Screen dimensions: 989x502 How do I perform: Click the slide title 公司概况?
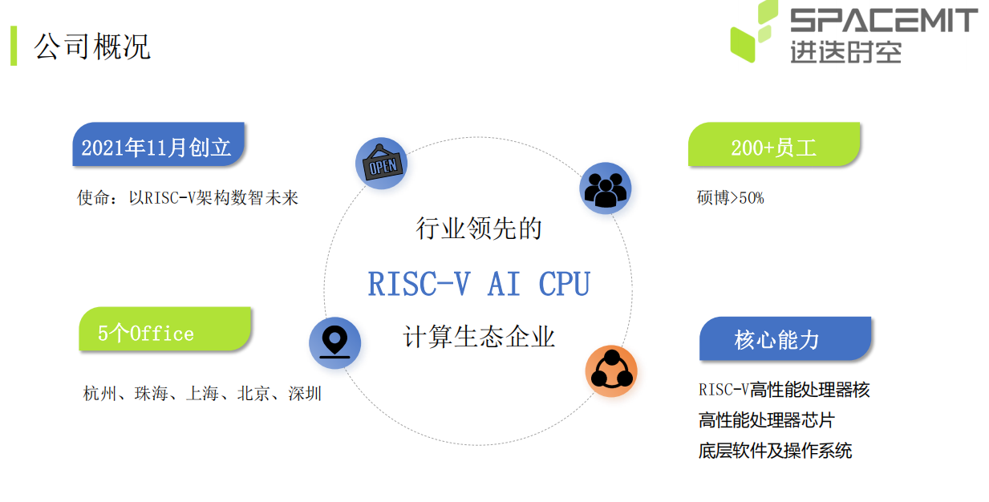[x=91, y=47]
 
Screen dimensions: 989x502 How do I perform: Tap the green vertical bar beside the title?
[x=14, y=46]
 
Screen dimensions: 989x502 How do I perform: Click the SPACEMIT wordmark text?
[x=884, y=21]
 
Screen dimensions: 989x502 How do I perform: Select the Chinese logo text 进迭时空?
[x=845, y=52]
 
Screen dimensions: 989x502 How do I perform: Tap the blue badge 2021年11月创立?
[x=159, y=144]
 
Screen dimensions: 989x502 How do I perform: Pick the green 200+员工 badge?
[x=774, y=144]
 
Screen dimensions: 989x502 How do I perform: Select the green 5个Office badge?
[x=164, y=329]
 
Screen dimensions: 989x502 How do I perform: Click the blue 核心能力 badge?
[x=785, y=338]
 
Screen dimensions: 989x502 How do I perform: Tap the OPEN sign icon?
[x=382, y=164]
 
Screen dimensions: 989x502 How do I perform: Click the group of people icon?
[x=606, y=188]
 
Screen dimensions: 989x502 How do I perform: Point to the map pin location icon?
[x=334, y=343]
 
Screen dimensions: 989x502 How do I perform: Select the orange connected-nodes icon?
[x=611, y=370]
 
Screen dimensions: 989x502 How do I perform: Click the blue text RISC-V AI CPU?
[x=479, y=284]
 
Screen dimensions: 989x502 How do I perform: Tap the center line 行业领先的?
[x=479, y=229]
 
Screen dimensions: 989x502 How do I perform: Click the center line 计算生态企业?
[x=479, y=337]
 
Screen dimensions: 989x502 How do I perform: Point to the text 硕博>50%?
[x=730, y=197]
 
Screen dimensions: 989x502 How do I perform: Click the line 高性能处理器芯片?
[x=767, y=420]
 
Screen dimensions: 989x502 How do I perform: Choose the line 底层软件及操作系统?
[x=776, y=451]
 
